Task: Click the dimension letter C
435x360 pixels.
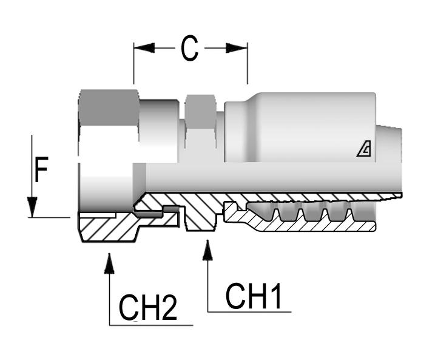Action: point(189,49)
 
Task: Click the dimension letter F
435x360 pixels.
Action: point(41,171)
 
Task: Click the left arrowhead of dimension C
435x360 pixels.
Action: point(144,48)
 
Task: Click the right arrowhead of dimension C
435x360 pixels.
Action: point(237,48)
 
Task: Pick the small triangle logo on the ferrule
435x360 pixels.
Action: point(365,149)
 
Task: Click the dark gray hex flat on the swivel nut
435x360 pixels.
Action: point(109,107)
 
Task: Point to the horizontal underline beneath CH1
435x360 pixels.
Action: point(249,312)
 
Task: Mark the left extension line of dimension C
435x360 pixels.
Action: point(134,64)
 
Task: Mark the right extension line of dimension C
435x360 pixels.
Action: point(247,64)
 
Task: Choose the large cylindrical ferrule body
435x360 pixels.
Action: point(303,127)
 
